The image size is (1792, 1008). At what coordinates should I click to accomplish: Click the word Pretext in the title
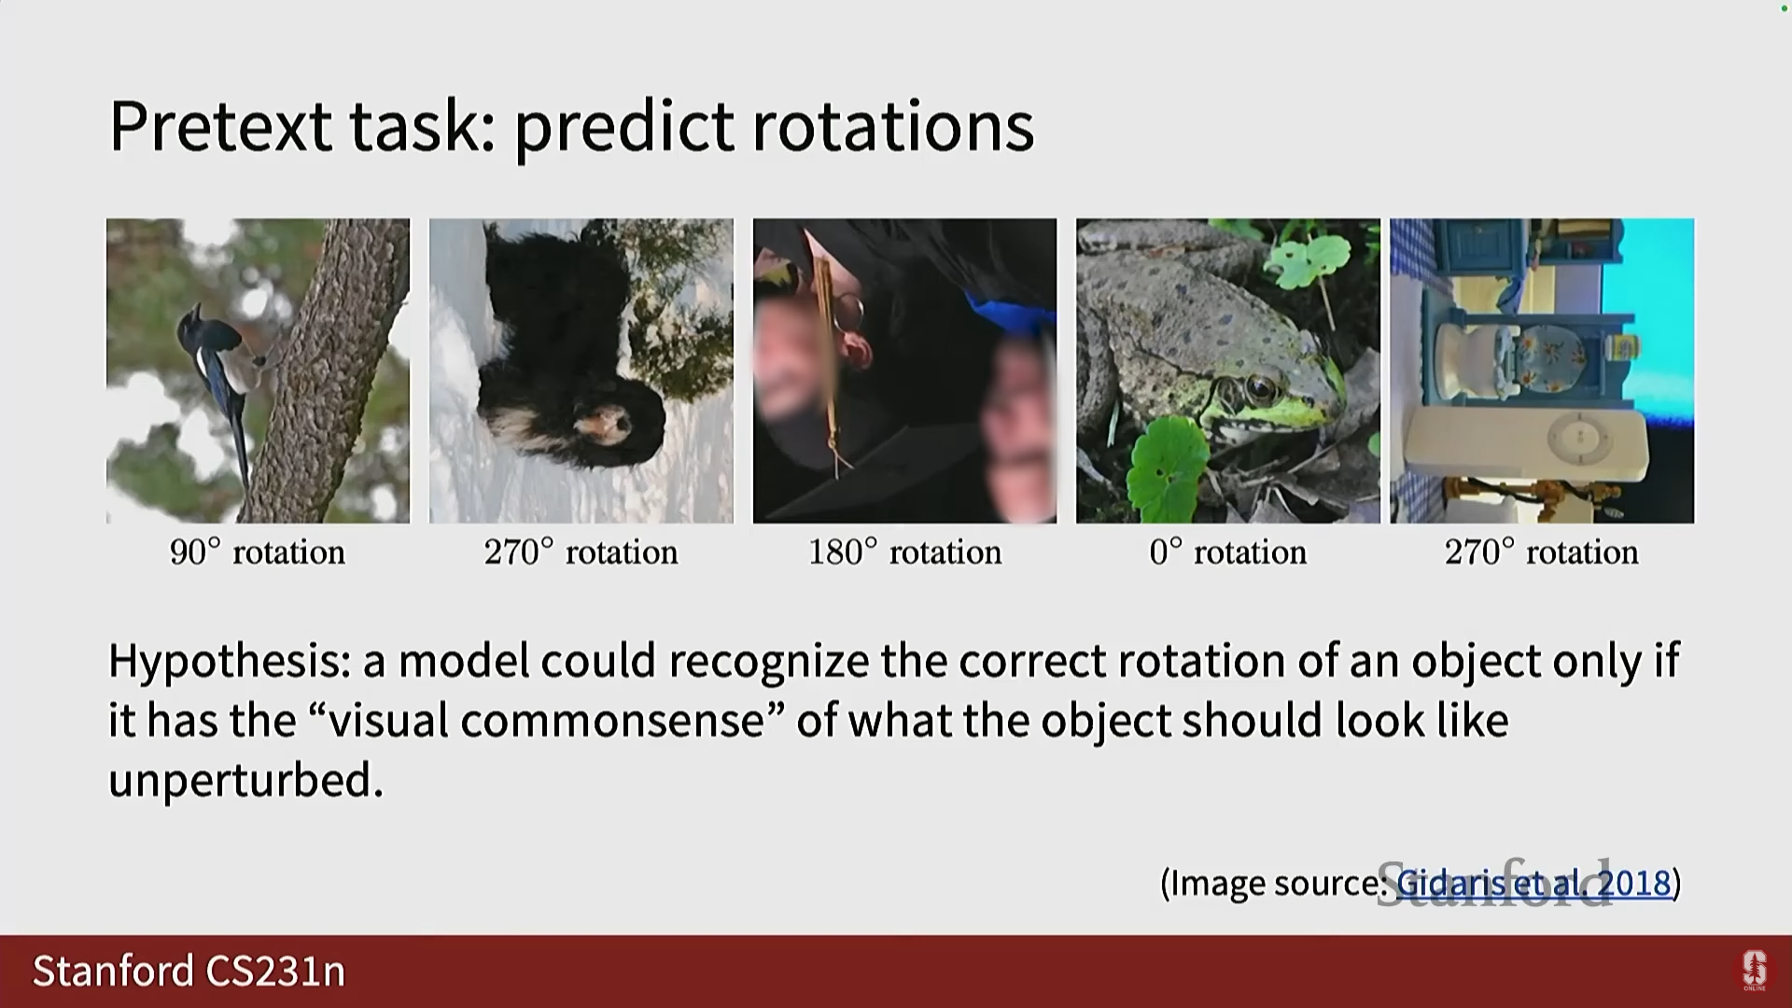pyautogui.click(x=220, y=126)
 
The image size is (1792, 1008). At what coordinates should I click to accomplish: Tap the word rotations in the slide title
pyautogui.click(x=893, y=126)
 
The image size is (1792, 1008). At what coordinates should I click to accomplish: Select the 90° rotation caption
pyautogui.click(x=258, y=552)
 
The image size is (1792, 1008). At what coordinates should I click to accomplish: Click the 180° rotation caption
pyautogui.click(x=904, y=552)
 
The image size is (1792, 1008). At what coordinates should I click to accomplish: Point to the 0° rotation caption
pyautogui.click(x=1227, y=552)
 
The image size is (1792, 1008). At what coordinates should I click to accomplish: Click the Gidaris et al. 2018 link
pyautogui.click(x=1533, y=882)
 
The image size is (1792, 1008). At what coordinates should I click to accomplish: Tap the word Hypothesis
pyautogui.click(x=229, y=662)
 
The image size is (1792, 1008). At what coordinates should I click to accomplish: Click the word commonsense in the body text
pyautogui.click(x=612, y=721)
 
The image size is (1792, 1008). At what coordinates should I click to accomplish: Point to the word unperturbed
pyautogui.click(x=246, y=780)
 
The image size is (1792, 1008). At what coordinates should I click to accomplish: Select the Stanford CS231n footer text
pyautogui.click(x=189, y=971)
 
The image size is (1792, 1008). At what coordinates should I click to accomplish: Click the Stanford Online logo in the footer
pyautogui.click(x=1755, y=971)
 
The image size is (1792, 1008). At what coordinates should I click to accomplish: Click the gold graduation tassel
pyautogui.click(x=827, y=364)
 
